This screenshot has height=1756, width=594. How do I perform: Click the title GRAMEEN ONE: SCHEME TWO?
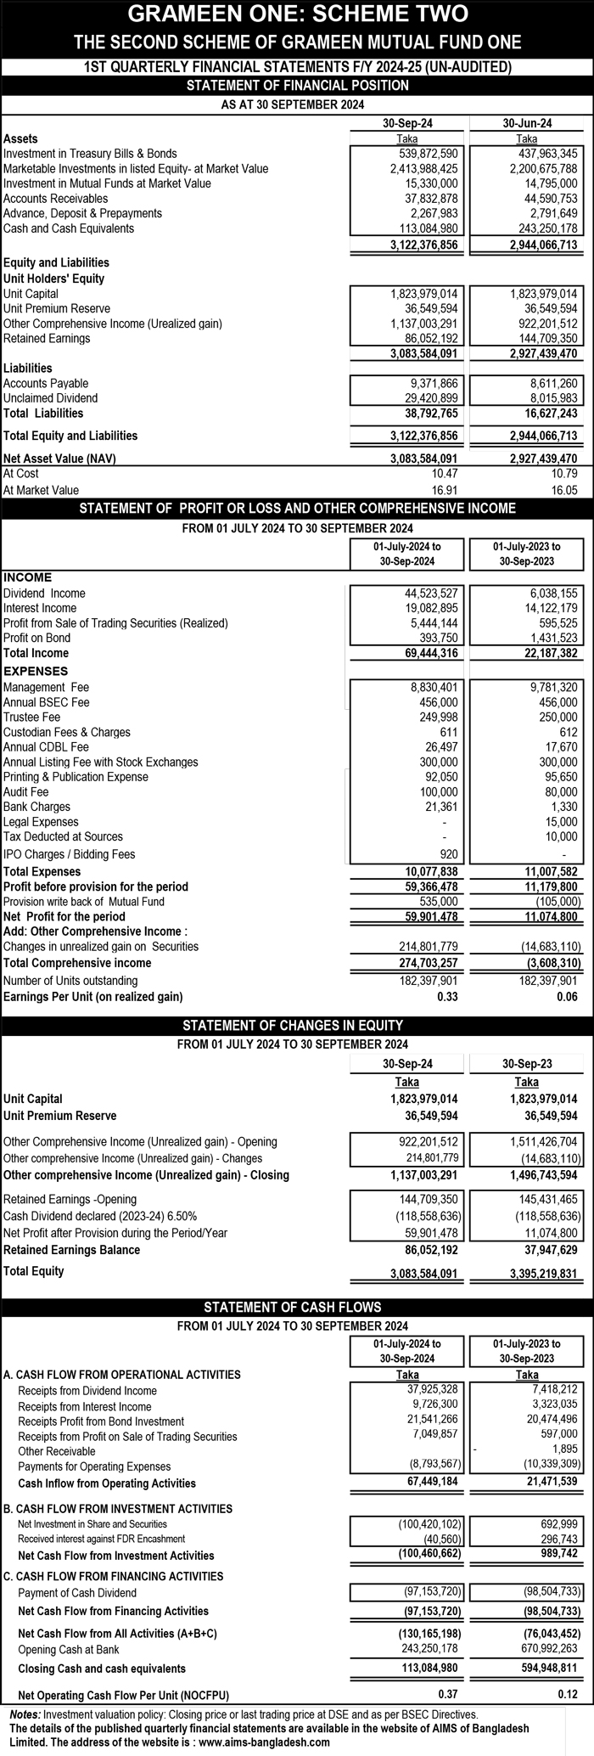pyautogui.click(x=296, y=14)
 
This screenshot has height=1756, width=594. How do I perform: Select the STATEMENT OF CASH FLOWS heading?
pyautogui.click(x=296, y=1307)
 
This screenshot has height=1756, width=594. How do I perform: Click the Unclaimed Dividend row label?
pyautogui.click(x=50, y=398)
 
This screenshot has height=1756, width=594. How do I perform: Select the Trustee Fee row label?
pyautogui.click(x=32, y=718)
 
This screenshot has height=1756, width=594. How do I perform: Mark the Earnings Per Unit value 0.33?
pyautogui.click(x=447, y=997)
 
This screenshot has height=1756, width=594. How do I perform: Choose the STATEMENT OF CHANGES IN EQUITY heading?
pyautogui.click(x=296, y=1025)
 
